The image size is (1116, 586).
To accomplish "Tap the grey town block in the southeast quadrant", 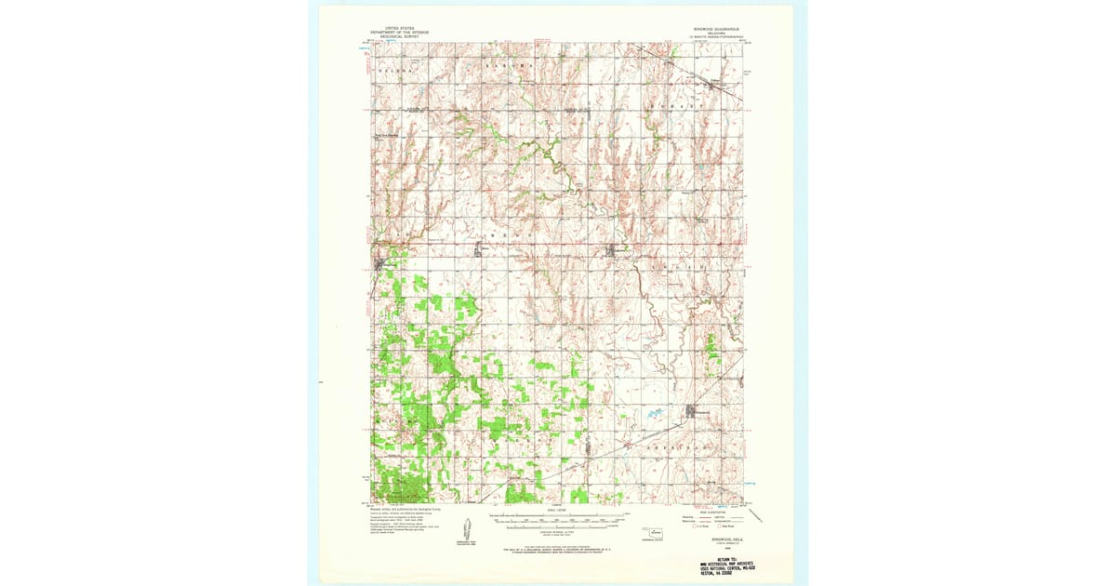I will click(x=692, y=410).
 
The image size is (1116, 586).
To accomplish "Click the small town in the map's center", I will click(x=615, y=250).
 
